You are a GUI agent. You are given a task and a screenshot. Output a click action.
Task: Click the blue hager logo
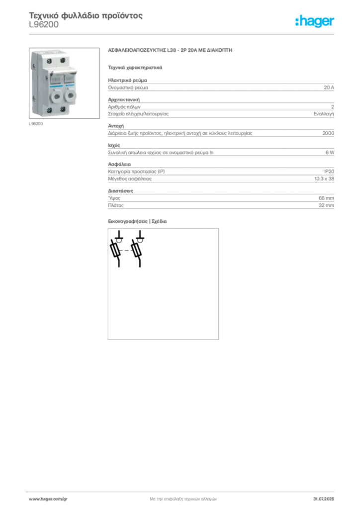[x=315, y=21]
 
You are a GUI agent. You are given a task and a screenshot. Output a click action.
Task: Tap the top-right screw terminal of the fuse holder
[x=63, y=60]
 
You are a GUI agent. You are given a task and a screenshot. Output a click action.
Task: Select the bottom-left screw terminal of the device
[x=50, y=109]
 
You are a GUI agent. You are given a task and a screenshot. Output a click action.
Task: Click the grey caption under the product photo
[x=36, y=124]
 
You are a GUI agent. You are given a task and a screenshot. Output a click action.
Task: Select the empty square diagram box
[x=163, y=285]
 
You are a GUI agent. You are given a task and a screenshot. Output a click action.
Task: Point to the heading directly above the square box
[x=139, y=222]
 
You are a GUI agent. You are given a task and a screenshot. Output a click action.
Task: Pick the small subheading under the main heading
[x=135, y=67]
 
